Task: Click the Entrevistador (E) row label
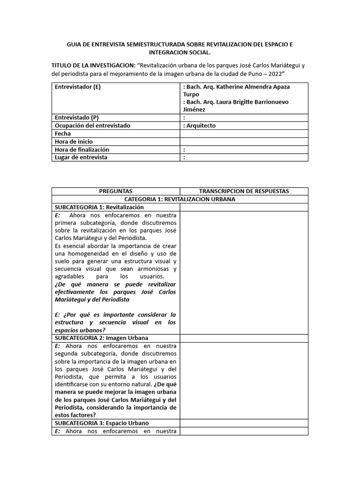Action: (78, 87)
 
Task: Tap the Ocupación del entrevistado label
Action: (92, 126)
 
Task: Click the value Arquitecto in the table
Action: (201, 126)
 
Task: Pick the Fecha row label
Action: (63, 134)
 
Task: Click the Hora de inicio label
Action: (74, 142)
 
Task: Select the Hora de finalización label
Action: (82, 150)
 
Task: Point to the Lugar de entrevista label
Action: (81, 157)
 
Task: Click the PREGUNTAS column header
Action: (116, 191)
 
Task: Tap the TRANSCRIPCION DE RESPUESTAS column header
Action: (244, 191)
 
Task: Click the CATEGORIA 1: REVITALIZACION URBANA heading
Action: (180, 199)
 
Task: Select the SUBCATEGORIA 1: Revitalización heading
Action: (99, 207)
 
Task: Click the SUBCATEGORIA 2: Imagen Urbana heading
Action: (101, 338)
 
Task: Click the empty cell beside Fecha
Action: (244, 134)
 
